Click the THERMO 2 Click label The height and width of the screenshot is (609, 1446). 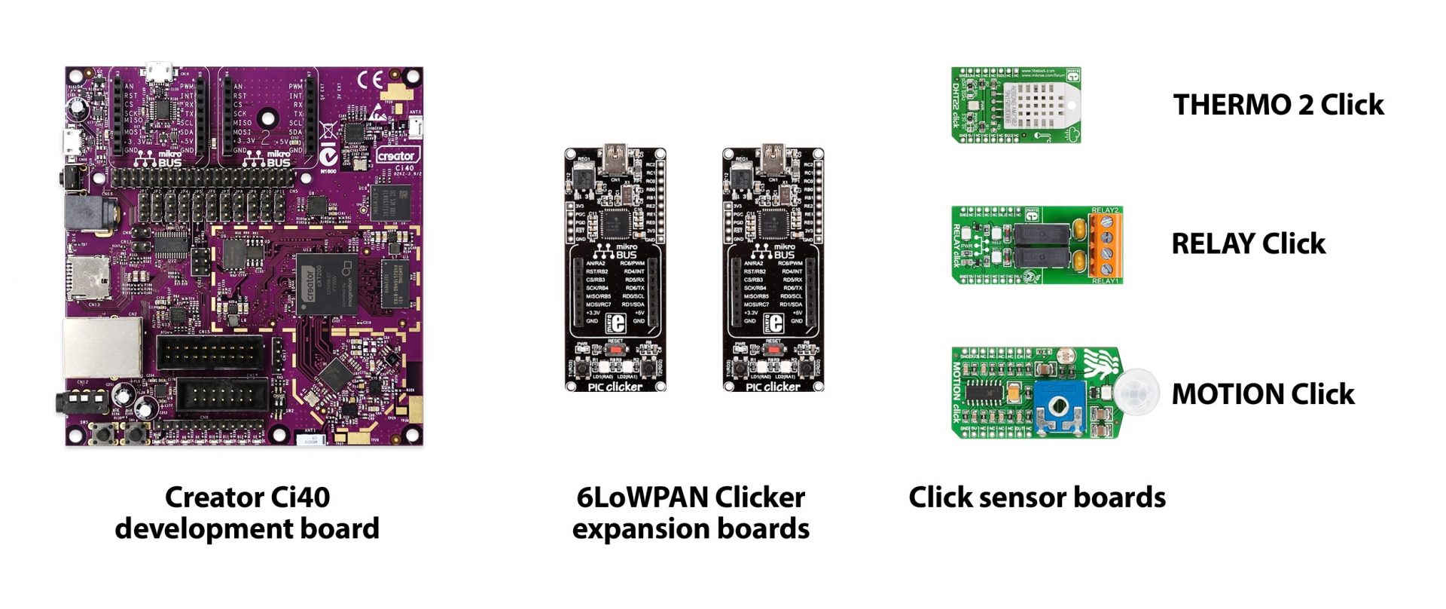point(1278,105)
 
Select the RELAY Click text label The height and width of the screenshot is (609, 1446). point(1248,243)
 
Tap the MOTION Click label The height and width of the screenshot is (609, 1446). point(1262,394)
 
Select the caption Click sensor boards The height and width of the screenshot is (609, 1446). point(1036,497)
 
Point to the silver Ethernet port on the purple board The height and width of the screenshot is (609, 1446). point(102,347)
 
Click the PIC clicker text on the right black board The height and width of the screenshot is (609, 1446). point(773,387)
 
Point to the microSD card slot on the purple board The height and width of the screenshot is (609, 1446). point(89,277)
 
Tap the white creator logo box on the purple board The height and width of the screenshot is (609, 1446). point(395,155)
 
